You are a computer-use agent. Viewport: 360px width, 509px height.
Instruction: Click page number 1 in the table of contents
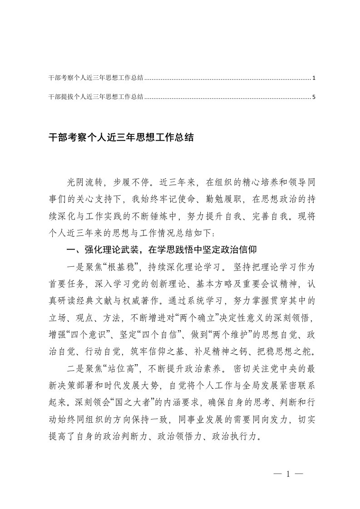(314, 78)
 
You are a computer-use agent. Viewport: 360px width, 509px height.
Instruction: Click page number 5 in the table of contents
(314, 97)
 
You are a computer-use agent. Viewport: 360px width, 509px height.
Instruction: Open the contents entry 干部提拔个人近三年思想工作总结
(96, 97)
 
